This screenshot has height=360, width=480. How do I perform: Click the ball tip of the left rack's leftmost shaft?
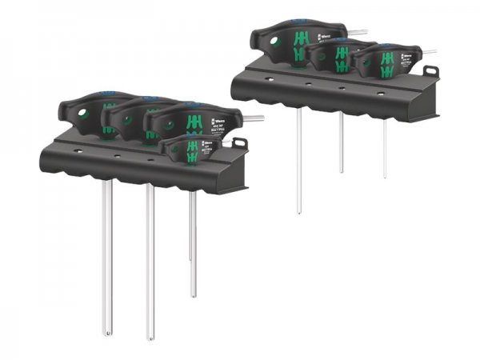pyautogui.click(x=107, y=330)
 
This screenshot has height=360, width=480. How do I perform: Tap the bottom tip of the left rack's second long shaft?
pyautogui.click(x=150, y=335)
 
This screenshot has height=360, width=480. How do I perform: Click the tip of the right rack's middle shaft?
pyautogui.click(x=341, y=170)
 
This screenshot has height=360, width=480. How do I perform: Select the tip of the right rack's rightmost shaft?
pyautogui.click(x=384, y=175)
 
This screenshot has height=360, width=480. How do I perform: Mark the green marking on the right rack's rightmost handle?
pyautogui.click(x=387, y=63)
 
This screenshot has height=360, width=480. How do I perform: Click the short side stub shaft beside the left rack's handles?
pyautogui.click(x=253, y=118)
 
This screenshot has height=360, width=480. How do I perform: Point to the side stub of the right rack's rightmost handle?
pyautogui.click(x=428, y=52)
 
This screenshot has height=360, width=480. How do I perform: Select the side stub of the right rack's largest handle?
pyautogui.click(x=357, y=33)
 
